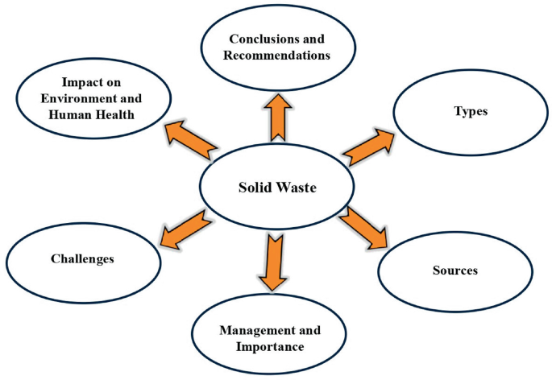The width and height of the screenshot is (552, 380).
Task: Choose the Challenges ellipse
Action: click(x=82, y=258)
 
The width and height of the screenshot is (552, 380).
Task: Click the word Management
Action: click(x=247, y=330)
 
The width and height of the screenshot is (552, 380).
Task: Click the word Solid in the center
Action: click(x=255, y=187)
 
